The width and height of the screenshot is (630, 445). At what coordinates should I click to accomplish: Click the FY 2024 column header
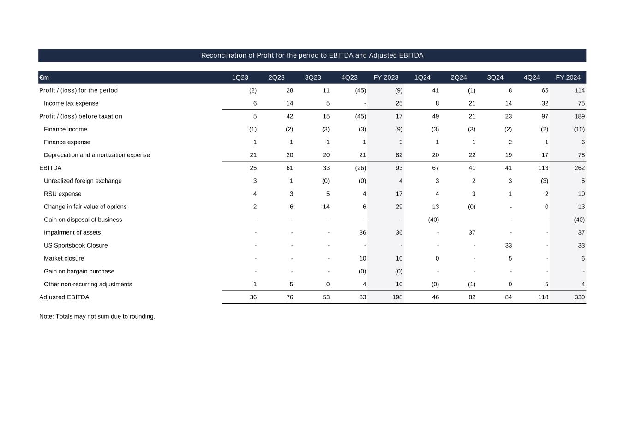[x=568, y=77]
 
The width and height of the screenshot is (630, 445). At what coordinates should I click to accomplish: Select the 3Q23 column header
[x=313, y=77]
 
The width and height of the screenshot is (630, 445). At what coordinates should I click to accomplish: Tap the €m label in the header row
[x=44, y=77]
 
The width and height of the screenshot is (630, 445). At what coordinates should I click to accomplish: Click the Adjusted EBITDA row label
[x=64, y=297]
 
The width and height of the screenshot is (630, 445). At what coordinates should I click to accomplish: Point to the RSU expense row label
[x=62, y=194]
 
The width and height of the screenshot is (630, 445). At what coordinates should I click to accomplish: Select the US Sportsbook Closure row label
[x=76, y=245]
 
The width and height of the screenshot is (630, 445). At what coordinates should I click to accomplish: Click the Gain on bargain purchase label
[x=79, y=271]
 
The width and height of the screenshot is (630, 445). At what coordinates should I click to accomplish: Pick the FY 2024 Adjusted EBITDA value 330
[x=579, y=297]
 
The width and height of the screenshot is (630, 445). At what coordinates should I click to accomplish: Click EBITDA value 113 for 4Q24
[x=543, y=168]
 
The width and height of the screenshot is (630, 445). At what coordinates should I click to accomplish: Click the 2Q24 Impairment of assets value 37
[x=472, y=232]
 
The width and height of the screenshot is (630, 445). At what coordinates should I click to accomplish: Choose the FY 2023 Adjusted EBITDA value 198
[x=397, y=297]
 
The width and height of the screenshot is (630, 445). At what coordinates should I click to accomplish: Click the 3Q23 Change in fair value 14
[x=326, y=207]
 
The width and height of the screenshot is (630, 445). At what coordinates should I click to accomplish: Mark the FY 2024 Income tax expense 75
[x=581, y=103]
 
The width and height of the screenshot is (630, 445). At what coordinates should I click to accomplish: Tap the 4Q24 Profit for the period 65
[x=545, y=90]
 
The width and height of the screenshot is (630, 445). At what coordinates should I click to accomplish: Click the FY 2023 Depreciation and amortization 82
[x=399, y=155]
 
